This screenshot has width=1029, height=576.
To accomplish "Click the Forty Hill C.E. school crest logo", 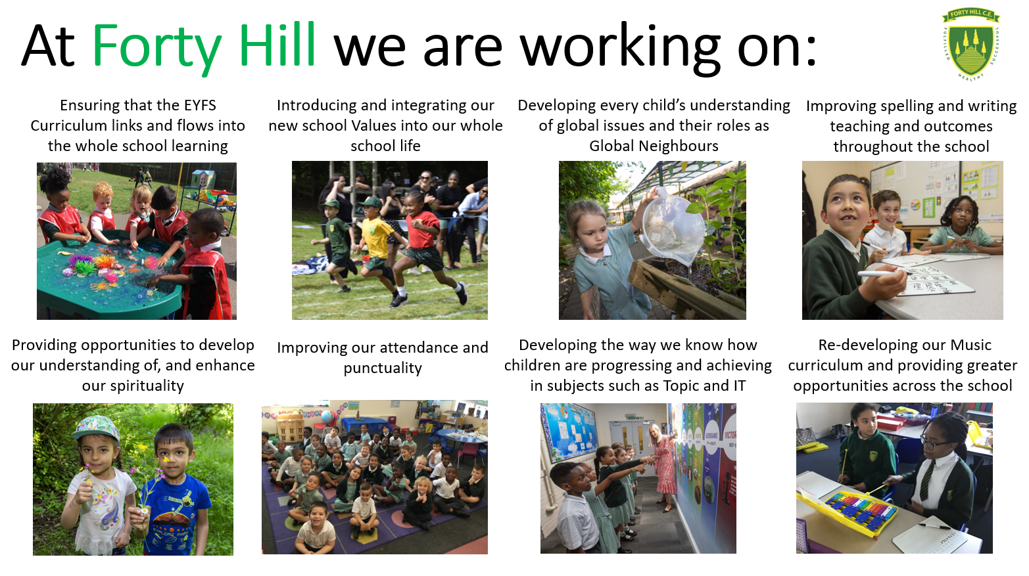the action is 970,43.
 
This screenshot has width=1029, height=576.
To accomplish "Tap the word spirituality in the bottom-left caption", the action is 133,386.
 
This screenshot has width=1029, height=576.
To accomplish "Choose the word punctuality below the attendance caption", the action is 383,368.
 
